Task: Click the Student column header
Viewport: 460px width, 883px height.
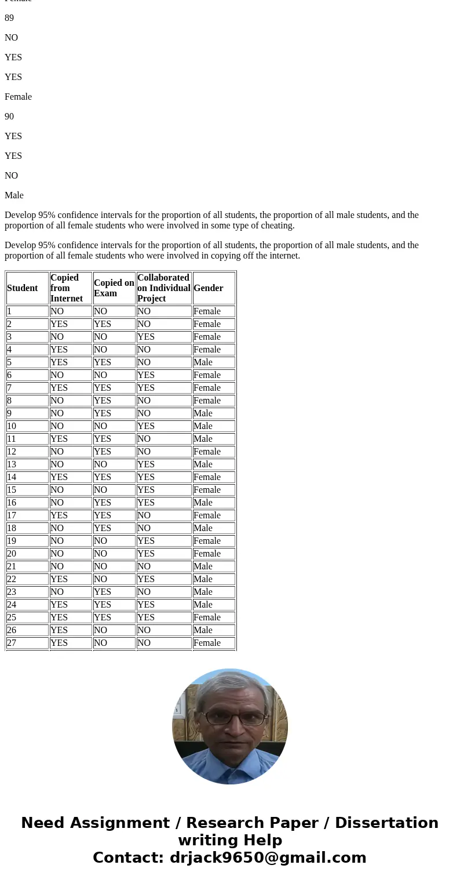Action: [x=23, y=288]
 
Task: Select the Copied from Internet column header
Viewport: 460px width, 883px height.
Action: [x=66, y=288]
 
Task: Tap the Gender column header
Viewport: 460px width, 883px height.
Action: [x=208, y=288]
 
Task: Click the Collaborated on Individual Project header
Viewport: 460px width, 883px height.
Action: [x=163, y=288]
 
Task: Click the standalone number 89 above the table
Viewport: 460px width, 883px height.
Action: [x=9, y=18]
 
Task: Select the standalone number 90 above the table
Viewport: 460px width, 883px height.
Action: [x=9, y=117]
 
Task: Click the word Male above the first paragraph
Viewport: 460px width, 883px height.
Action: [x=14, y=195]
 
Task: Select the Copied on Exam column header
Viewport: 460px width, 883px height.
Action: [x=114, y=288]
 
